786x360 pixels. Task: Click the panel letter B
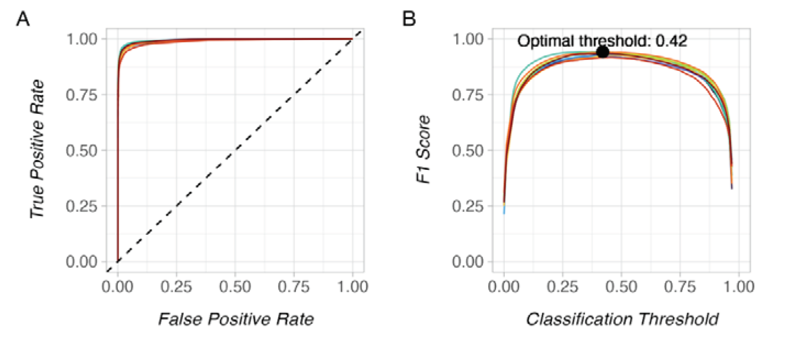pyautogui.click(x=409, y=19)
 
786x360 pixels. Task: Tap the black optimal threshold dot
pyautogui.click(x=603, y=52)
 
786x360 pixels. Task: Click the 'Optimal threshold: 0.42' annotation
pyautogui.click(x=602, y=41)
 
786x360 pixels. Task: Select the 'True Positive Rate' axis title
pyautogui.click(x=37, y=149)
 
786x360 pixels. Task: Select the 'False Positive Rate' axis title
pyautogui.click(x=236, y=319)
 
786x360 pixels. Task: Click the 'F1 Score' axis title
pyautogui.click(x=423, y=149)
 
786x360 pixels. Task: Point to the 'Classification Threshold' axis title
pyautogui.click(x=622, y=319)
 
